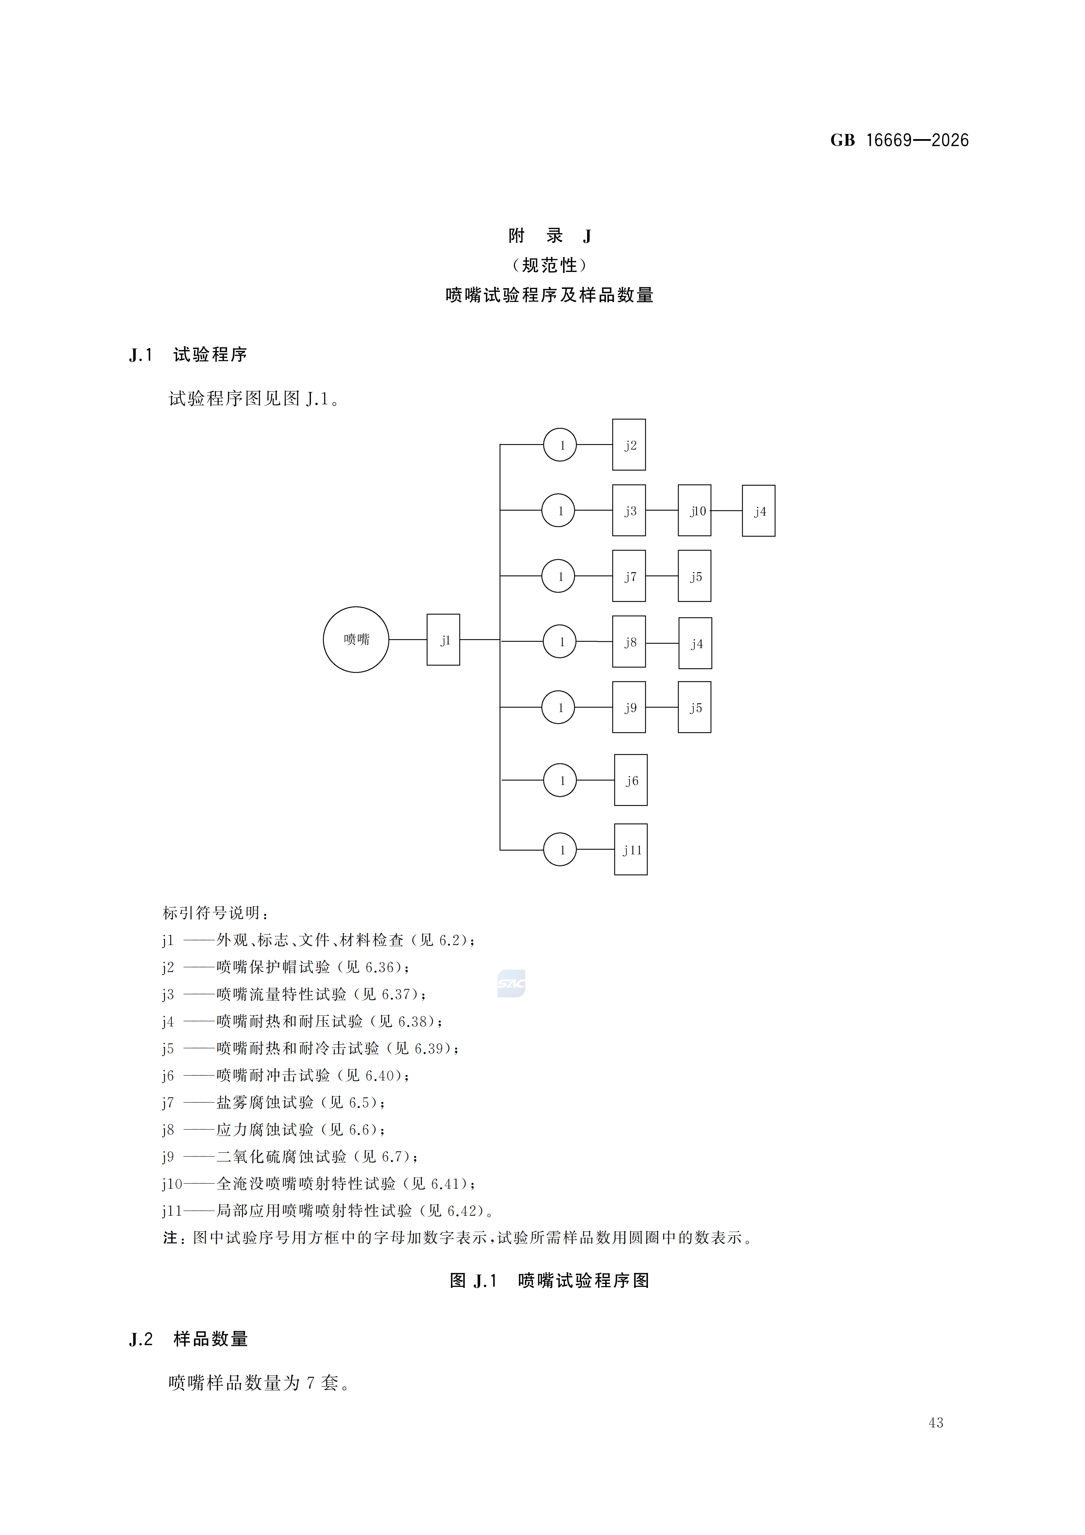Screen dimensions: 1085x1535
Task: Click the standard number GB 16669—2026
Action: pos(899,140)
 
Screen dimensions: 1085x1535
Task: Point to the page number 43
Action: pos(936,1423)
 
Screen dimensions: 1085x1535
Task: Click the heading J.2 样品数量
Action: pos(189,1339)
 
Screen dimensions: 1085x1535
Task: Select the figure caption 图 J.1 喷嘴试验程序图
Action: pos(550,1280)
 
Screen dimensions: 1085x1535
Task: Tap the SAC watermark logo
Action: pos(512,983)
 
